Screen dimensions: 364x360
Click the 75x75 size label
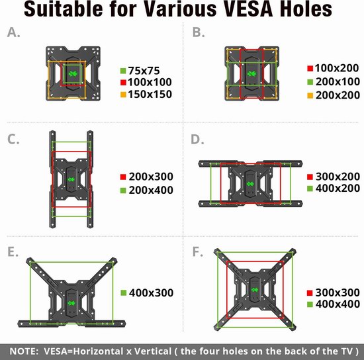click(x=144, y=71)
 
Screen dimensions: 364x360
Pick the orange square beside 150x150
click(x=123, y=95)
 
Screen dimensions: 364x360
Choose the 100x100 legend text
click(x=150, y=82)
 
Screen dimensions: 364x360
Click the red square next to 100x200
click(x=310, y=68)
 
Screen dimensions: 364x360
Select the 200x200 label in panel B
click(x=338, y=95)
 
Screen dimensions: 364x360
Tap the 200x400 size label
click(x=151, y=190)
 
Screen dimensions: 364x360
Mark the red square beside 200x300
click(x=123, y=177)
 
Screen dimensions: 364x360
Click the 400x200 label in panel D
click(x=338, y=188)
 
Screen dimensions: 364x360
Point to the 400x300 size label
click(x=151, y=293)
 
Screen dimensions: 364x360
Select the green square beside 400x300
click(x=124, y=293)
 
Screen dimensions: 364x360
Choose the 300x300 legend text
click(x=338, y=292)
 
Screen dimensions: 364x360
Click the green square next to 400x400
click(x=310, y=304)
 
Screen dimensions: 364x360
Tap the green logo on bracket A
click(x=73, y=74)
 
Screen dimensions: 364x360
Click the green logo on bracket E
click(x=71, y=303)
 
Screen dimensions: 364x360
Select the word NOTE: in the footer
click(x=24, y=351)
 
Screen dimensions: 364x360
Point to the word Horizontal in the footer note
click(x=98, y=351)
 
